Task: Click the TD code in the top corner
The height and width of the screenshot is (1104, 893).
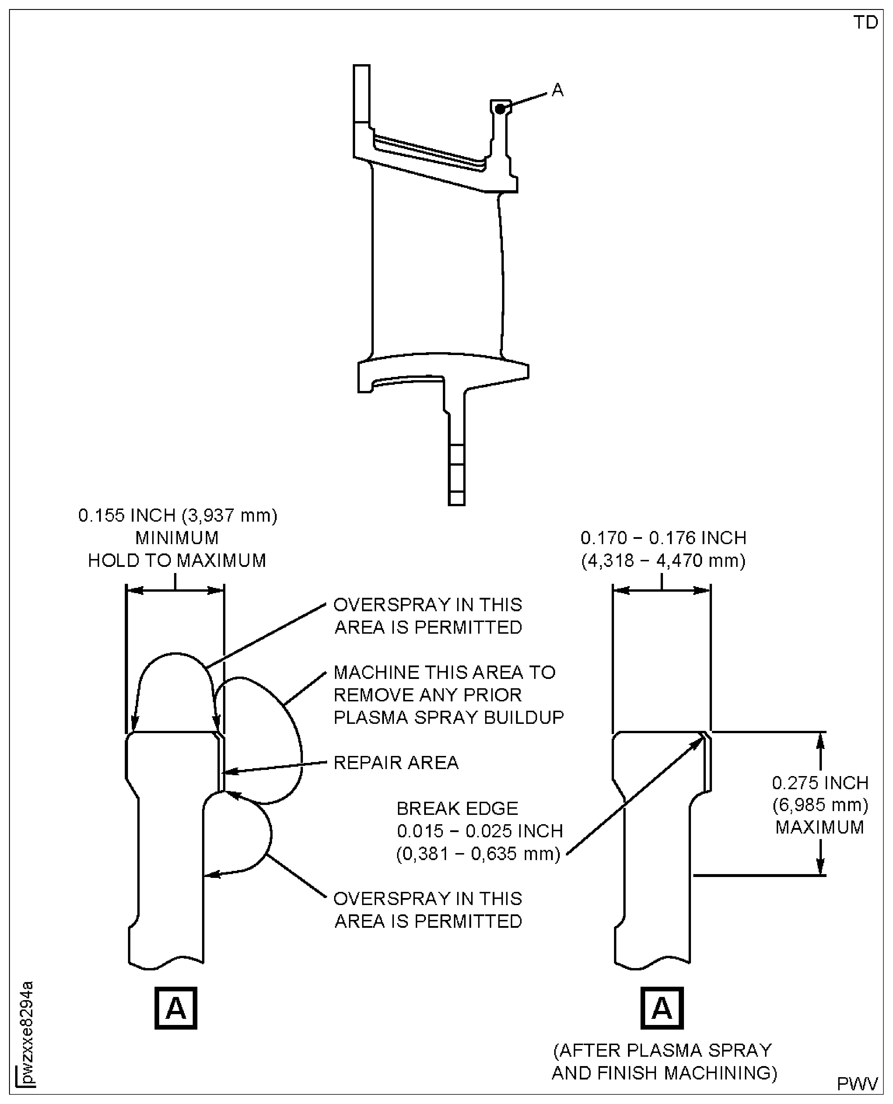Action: (x=866, y=23)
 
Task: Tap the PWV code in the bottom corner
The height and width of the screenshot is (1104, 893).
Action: (x=857, y=1083)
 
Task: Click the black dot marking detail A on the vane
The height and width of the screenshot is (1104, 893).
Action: (x=499, y=109)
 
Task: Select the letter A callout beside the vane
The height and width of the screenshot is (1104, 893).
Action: (x=558, y=90)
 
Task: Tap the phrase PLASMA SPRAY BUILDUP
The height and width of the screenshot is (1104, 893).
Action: (x=449, y=717)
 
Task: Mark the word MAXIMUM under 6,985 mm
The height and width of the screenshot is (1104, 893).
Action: (x=820, y=827)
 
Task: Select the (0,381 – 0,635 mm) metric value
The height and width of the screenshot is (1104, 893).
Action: (x=478, y=854)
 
